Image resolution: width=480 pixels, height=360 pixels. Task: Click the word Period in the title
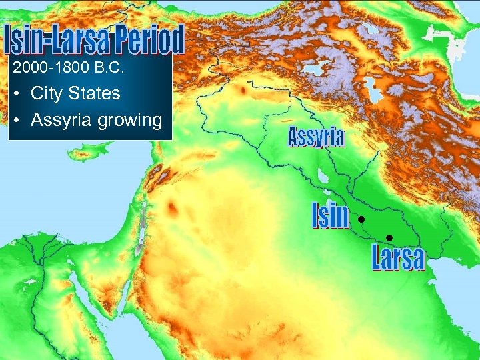pyautogui.click(x=146, y=41)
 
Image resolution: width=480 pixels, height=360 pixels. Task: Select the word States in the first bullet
pyautogui.click(x=99, y=93)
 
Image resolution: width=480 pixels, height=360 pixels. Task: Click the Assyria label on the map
pyautogui.click(x=317, y=138)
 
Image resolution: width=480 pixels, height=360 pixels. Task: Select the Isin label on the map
pyautogui.click(x=331, y=217)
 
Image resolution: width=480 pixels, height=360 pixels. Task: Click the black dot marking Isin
pyautogui.click(x=360, y=219)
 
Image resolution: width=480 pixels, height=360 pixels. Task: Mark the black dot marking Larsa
pyautogui.click(x=389, y=238)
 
